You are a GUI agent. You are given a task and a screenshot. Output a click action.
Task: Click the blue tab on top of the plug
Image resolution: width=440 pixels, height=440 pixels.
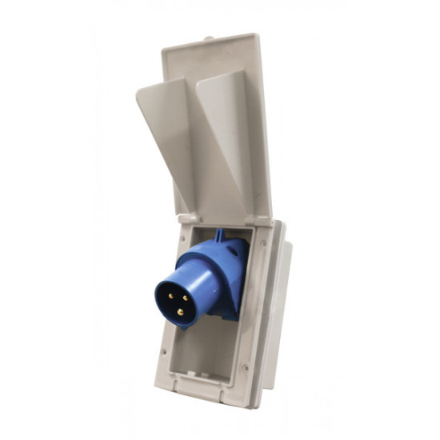(x=220, y=236)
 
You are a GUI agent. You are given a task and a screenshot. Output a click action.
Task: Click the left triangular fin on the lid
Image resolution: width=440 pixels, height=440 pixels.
(x=164, y=120)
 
